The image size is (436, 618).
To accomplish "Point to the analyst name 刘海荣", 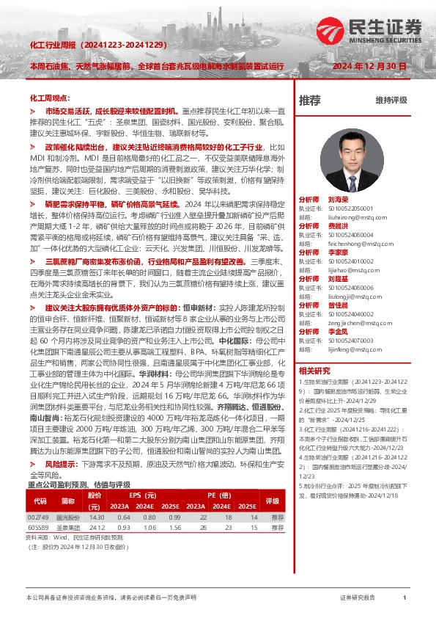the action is point(339,198).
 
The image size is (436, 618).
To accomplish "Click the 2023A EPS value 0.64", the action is point(121,517).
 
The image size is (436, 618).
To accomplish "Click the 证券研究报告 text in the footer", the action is point(358,598).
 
